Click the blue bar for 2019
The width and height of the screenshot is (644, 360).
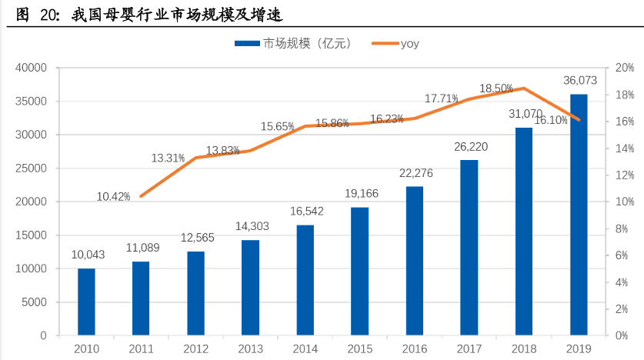click(x=579, y=215)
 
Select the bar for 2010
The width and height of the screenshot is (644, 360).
click(x=86, y=302)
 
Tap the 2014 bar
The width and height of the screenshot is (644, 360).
click(x=305, y=280)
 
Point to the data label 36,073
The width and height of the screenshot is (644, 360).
click(x=579, y=80)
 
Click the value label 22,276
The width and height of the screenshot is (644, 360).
click(x=415, y=173)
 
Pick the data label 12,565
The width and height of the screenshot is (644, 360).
click(x=196, y=238)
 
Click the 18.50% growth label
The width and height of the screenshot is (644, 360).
click(x=496, y=88)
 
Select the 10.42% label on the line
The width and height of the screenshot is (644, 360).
click(x=113, y=197)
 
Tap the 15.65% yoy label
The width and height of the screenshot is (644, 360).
click(x=277, y=126)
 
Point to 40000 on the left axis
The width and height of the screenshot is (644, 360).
click(x=32, y=68)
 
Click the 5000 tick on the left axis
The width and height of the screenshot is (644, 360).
click(x=35, y=302)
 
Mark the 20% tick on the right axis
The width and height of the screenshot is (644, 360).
click(x=624, y=68)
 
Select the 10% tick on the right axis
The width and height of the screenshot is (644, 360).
click(x=624, y=202)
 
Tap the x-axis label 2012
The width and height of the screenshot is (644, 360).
click(x=196, y=348)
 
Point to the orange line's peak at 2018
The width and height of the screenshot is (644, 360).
click(x=524, y=88)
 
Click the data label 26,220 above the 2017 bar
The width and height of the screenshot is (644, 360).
click(x=470, y=146)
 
